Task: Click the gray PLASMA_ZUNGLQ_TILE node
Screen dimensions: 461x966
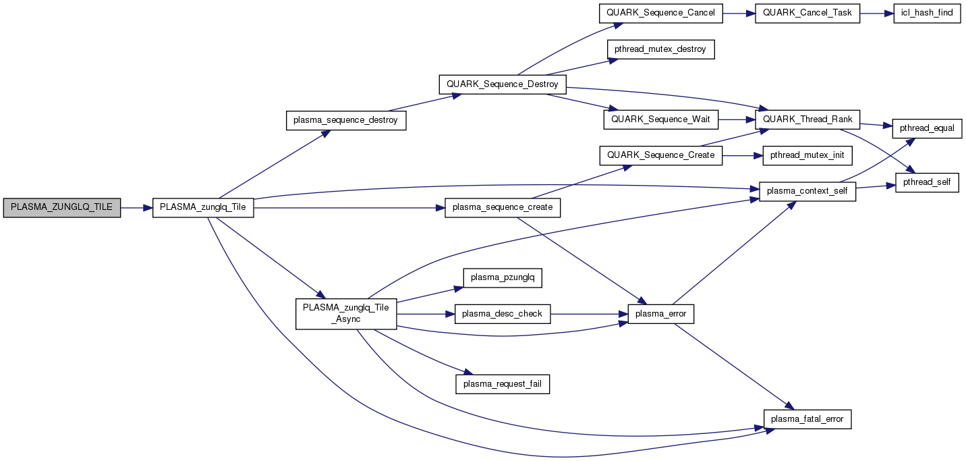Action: (x=62, y=208)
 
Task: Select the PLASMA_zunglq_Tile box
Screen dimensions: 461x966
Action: (x=203, y=208)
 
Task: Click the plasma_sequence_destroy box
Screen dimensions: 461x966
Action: (x=345, y=121)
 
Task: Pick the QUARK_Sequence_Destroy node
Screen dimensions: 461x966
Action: (x=503, y=84)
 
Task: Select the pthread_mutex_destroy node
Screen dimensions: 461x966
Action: (x=660, y=50)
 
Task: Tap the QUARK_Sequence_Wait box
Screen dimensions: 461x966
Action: (x=660, y=119)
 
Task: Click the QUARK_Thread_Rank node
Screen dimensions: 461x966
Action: (x=807, y=119)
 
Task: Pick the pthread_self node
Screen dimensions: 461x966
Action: (x=927, y=183)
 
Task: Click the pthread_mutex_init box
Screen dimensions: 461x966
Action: (x=807, y=155)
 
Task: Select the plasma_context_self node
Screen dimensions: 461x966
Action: (x=807, y=192)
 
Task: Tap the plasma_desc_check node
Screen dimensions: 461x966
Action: (x=503, y=313)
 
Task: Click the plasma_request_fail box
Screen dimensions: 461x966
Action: (x=503, y=384)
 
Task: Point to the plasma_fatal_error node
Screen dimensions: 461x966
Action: (x=807, y=419)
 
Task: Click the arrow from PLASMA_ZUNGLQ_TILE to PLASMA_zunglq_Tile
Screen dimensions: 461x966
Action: (x=136, y=208)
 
